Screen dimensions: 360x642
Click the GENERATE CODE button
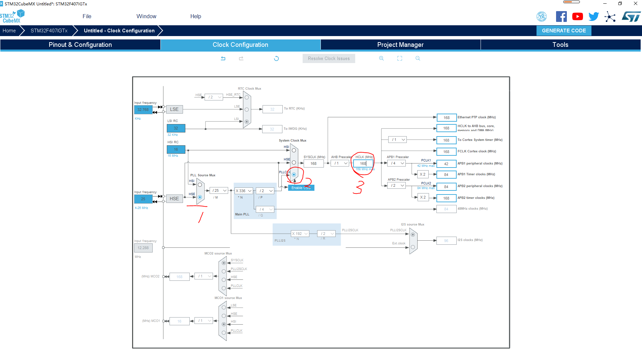click(563, 31)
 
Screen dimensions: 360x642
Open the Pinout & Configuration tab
click(80, 45)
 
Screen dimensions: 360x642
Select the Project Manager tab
click(400, 45)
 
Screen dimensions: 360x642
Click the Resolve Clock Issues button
click(329, 59)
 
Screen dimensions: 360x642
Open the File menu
click(87, 16)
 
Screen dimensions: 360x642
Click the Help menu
click(195, 16)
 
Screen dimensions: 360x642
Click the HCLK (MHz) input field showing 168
click(363, 163)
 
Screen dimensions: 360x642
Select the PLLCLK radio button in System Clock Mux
click(294, 175)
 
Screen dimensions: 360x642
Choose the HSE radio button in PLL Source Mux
click(200, 197)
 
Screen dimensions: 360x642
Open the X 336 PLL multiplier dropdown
click(244, 191)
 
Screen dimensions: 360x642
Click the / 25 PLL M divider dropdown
click(219, 190)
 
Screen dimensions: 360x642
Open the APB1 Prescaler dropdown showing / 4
click(397, 163)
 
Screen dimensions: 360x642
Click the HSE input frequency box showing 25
click(143, 199)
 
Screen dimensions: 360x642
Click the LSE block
click(174, 109)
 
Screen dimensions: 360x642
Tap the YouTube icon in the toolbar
click(577, 17)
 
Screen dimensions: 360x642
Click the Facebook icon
click(561, 17)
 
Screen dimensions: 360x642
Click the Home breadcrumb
click(9, 31)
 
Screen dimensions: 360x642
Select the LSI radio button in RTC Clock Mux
click(247, 122)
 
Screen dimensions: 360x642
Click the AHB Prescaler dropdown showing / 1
click(340, 163)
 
